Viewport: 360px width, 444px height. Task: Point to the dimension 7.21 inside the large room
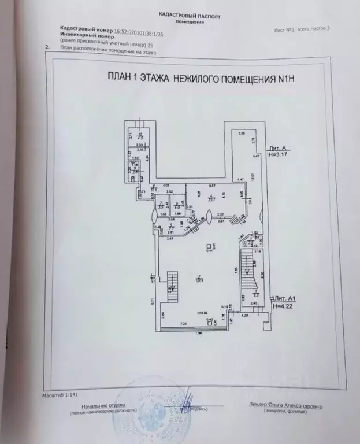pos(183,323)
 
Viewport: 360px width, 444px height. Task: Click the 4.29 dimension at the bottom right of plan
pos(244,316)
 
